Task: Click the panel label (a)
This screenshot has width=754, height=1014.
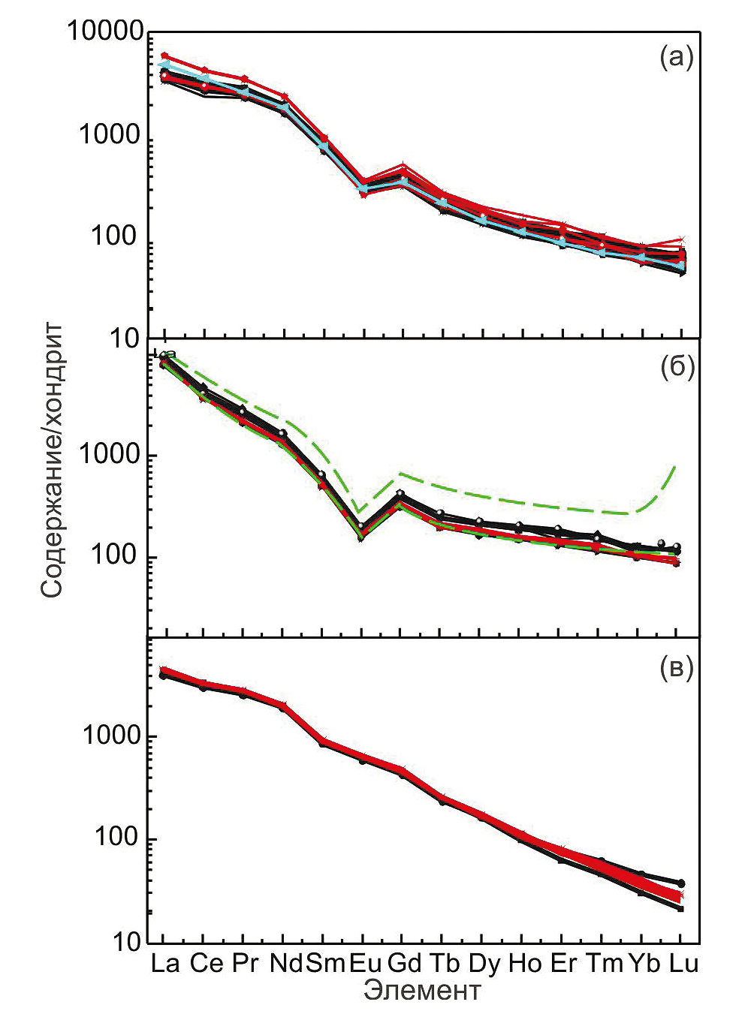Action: click(676, 58)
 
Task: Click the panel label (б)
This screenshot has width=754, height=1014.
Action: click(676, 368)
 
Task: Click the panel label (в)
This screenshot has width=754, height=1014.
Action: click(676, 668)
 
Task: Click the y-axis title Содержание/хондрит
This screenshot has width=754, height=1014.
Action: click(52, 459)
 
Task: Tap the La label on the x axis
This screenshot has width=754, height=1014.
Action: click(164, 963)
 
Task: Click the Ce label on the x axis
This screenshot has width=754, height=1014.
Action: click(205, 963)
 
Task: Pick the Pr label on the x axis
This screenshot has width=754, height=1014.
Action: click(243, 963)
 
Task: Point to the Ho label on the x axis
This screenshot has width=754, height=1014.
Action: click(523, 963)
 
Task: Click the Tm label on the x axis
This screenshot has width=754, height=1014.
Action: click(603, 963)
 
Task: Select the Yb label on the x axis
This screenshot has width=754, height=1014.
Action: click(644, 963)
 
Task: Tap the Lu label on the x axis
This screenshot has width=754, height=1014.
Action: click(682, 963)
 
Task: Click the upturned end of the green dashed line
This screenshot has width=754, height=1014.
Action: click(674, 468)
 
